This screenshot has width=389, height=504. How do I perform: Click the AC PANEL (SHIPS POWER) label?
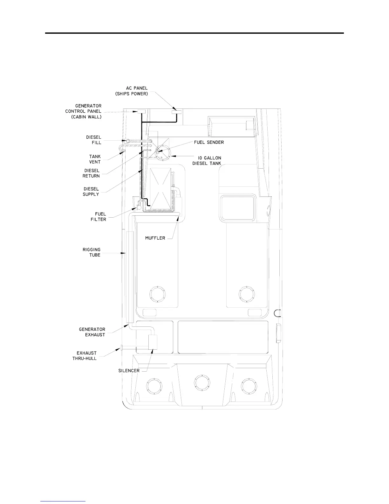[x=132, y=91]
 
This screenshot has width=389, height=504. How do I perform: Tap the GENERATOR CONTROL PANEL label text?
[x=83, y=111]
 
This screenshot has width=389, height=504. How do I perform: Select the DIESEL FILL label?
[x=94, y=140]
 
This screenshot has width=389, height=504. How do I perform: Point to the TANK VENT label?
[x=95, y=159]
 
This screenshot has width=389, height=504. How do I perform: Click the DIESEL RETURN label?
[x=91, y=173]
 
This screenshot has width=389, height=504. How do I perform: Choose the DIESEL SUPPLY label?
[x=91, y=192]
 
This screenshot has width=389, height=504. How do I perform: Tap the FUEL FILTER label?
[x=99, y=217]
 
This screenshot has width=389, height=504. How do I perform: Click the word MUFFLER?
[x=155, y=238]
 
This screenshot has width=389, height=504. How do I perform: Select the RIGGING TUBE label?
[x=92, y=252]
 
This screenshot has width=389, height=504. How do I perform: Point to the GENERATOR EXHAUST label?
[x=92, y=332]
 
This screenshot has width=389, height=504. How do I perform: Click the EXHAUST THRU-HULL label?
[x=85, y=356]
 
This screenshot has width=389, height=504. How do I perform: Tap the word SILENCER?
[x=129, y=371]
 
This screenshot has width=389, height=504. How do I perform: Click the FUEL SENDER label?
[x=209, y=142]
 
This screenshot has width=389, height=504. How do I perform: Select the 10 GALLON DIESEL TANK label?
[x=207, y=160]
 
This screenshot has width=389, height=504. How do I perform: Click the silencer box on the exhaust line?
[x=153, y=342]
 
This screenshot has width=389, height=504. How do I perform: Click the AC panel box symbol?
[x=177, y=113]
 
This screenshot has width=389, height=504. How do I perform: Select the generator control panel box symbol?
[x=141, y=111]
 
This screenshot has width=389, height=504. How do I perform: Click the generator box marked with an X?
[x=160, y=188]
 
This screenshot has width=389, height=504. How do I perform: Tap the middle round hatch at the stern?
[x=202, y=382]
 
